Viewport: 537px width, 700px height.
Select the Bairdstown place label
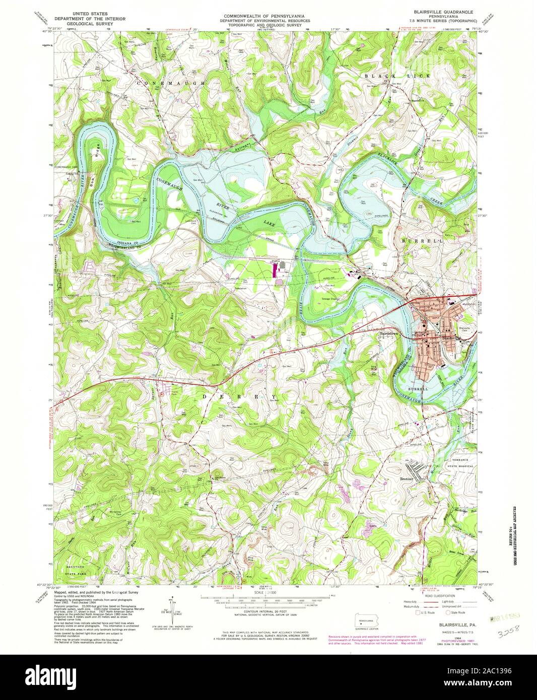tap(389, 333)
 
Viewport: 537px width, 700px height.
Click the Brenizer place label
tap(407, 479)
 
